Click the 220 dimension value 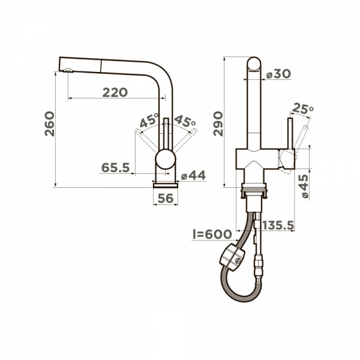pyautogui.click(x=115, y=92)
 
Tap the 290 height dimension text pyautogui.click(x=217, y=124)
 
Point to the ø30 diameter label pyautogui.click(x=278, y=73)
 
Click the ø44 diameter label pyautogui.click(x=193, y=175)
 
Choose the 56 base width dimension pyautogui.click(x=166, y=198)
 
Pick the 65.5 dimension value pyautogui.click(x=115, y=168)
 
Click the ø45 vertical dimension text pyautogui.click(x=304, y=186)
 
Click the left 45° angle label pyautogui.click(x=148, y=121)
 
